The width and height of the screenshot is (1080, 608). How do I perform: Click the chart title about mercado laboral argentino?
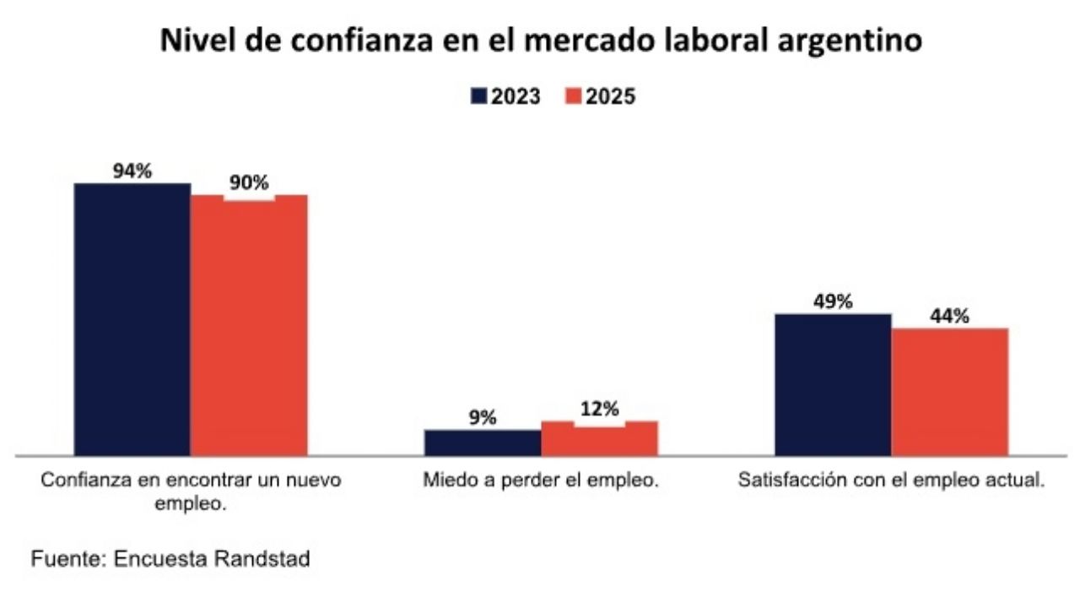click(541, 41)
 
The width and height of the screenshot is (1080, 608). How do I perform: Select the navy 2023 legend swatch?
click(479, 96)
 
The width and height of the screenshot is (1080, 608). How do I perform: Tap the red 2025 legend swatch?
click(573, 96)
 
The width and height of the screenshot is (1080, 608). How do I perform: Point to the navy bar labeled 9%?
click(483, 442)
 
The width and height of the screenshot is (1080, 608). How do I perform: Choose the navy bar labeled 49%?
click(833, 384)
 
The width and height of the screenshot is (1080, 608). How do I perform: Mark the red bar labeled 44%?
click(950, 392)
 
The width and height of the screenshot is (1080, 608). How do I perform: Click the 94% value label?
click(132, 171)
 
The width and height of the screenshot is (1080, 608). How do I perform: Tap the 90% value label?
click(249, 182)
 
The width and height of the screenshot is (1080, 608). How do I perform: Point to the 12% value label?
click(600, 410)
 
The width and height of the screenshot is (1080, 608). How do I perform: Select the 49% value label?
click(833, 301)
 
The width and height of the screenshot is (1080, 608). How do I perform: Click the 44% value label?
click(950, 316)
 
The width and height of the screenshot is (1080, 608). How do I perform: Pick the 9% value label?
click(483, 417)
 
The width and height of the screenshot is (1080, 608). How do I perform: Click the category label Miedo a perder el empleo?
click(540, 481)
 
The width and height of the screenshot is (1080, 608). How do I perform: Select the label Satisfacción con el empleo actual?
click(892, 481)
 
